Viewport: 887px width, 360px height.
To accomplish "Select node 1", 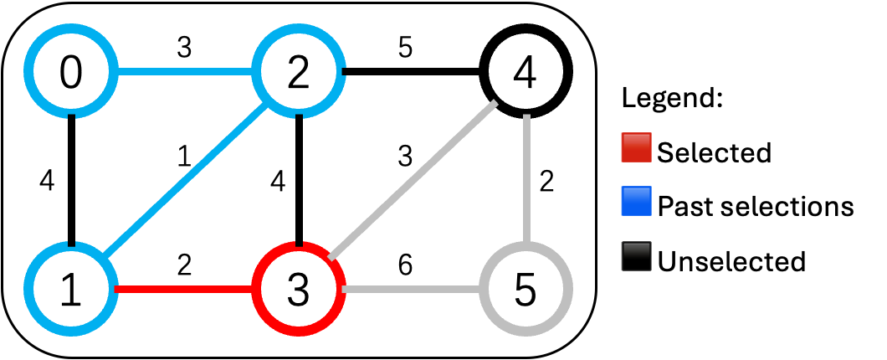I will [72, 289].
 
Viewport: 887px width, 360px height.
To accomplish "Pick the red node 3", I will [299, 289].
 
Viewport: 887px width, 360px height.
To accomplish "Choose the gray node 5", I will [526, 289].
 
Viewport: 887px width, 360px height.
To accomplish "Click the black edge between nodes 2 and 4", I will [413, 73].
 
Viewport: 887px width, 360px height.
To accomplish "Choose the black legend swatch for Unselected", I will [638, 260].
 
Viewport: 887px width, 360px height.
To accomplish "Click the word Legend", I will [672, 99].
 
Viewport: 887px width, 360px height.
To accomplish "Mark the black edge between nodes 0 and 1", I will [72, 181].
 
